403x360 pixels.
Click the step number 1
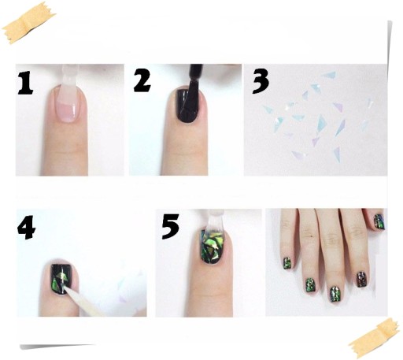(25, 83)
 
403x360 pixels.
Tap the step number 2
(142, 81)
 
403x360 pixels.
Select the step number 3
(261, 81)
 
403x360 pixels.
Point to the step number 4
(26, 227)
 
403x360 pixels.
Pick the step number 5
(171, 226)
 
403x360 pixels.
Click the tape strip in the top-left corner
(28, 22)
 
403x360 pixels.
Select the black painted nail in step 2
(187, 106)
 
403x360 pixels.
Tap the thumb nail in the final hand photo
(379, 222)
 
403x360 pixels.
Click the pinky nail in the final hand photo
(287, 263)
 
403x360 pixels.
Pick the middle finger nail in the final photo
(335, 295)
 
